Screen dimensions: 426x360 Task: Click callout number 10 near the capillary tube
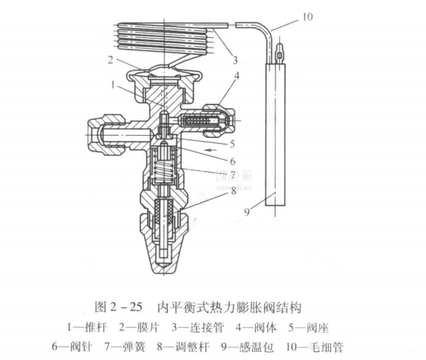tap(308, 17)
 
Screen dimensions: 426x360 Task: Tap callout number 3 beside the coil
tap(235, 60)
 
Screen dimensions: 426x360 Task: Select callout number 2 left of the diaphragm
tap(110, 60)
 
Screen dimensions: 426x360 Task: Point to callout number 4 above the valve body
tap(237, 76)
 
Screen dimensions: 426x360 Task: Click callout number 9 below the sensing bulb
tap(247, 212)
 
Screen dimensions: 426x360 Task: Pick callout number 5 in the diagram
tap(232, 144)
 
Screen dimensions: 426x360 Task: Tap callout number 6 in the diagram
tap(232, 161)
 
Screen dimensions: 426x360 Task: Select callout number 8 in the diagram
tap(234, 191)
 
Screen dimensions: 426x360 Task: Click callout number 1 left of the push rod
tap(113, 85)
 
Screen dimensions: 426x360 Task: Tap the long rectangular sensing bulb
tap(275, 134)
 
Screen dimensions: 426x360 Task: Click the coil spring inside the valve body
tap(164, 169)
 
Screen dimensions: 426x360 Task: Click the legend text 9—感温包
tap(247, 348)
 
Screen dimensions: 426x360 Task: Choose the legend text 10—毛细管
tap(314, 348)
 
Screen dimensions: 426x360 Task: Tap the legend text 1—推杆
tap(87, 327)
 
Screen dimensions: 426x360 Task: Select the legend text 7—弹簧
tap(125, 348)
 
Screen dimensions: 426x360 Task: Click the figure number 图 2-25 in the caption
tap(118, 307)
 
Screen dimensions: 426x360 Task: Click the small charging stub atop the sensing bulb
tap(279, 53)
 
